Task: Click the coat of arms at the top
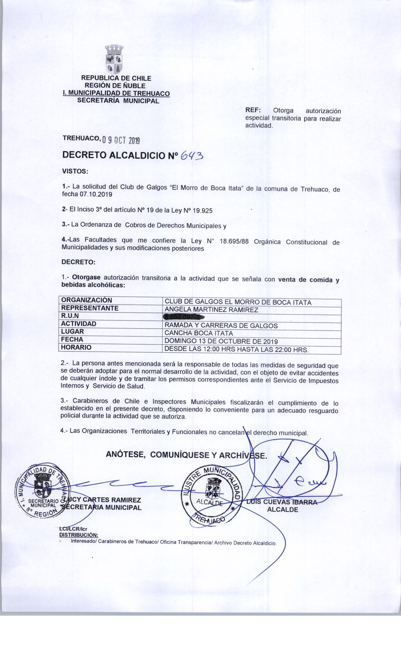point(114,60)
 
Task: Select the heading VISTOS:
point(75,172)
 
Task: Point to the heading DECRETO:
point(78,262)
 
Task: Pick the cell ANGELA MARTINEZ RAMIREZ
point(211,310)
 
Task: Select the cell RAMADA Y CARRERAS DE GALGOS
point(221,326)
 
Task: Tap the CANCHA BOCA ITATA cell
point(199,333)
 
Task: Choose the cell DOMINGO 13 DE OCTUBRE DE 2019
point(221,341)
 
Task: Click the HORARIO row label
point(76,347)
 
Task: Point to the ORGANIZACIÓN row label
point(86,300)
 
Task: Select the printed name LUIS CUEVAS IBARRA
point(282,502)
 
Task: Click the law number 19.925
point(202,211)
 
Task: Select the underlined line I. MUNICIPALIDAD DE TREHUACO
point(116,93)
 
